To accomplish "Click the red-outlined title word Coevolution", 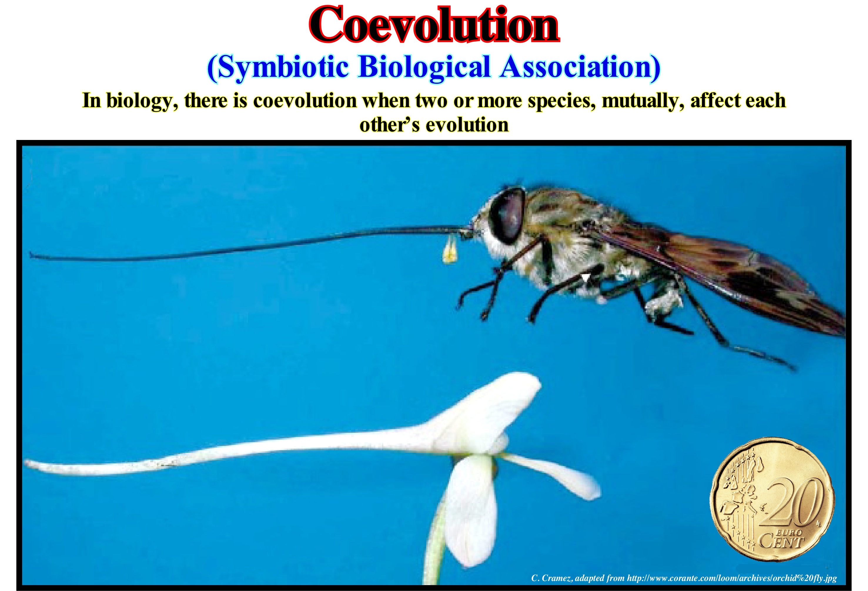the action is (434, 25).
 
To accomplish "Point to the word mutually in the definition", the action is (643, 101).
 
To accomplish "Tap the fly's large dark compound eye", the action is (508, 214).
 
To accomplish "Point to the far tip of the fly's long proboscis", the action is (31, 255).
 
